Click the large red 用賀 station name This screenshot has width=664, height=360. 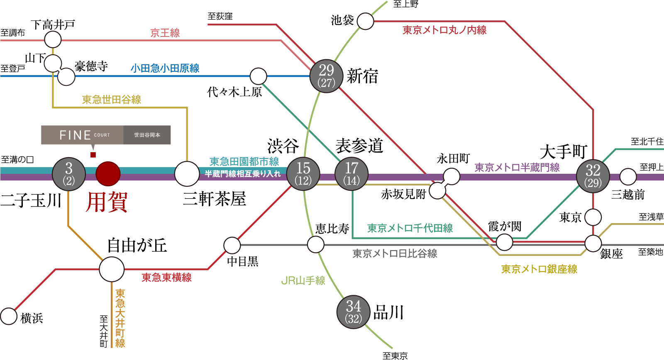click(107, 202)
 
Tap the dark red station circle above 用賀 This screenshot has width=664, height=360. click(108, 174)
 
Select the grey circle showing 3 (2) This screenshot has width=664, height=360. click(69, 174)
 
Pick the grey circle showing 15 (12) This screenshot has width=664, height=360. click(303, 174)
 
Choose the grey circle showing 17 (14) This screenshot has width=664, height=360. click(352, 174)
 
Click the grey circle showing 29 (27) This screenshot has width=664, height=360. click(327, 76)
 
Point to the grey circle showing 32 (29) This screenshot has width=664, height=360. click(593, 176)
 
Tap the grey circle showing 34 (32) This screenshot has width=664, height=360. click(354, 312)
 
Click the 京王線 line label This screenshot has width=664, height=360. click(165, 33)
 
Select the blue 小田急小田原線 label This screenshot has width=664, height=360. click(165, 68)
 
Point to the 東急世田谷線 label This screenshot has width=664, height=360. click(112, 100)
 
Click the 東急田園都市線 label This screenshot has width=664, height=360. click(244, 161)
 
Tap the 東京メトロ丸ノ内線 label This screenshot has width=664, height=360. click(444, 30)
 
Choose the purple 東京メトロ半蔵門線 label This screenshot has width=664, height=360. click(517, 168)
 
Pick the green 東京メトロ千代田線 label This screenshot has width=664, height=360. click(410, 228)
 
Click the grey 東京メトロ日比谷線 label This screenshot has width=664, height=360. click(395, 253)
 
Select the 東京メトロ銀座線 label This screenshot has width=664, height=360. click(539, 269)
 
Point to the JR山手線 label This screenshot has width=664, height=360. click(303, 281)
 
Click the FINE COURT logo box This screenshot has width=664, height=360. click(106, 135)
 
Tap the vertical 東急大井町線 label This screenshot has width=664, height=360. click(120, 318)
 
